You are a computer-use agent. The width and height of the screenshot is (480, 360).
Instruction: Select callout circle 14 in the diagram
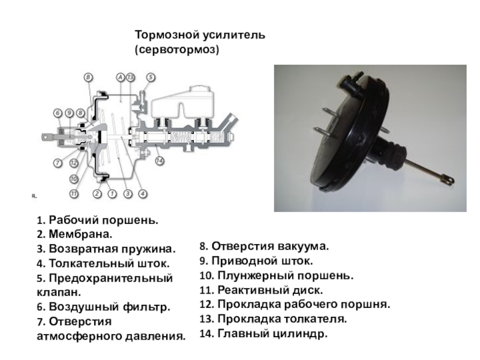pyautogui.click(x=159, y=160)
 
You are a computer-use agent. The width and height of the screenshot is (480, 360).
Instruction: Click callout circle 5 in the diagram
pyautogui.click(x=150, y=77)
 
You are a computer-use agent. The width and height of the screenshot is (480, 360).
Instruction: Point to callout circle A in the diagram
pyautogui.click(x=121, y=77)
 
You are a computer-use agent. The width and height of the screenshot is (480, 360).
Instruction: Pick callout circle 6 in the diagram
pyautogui.click(x=58, y=112)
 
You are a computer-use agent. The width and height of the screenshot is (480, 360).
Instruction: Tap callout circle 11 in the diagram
pyautogui.click(x=73, y=194)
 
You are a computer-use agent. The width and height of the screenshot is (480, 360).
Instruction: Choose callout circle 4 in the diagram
pyautogui.click(x=143, y=194)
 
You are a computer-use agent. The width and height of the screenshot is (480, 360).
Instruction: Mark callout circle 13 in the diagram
pyautogui.click(x=131, y=77)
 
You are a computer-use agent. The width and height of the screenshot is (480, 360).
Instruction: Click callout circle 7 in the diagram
pyautogui.click(x=58, y=162)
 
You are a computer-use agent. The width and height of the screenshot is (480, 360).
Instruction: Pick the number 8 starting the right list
pyautogui.click(x=203, y=247)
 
